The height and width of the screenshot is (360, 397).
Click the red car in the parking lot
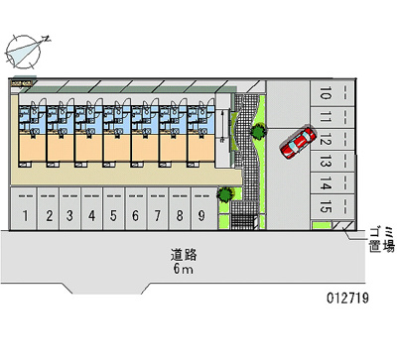point(298,142)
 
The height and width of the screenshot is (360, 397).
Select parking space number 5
point(113,208)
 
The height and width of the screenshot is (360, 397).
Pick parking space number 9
point(201,208)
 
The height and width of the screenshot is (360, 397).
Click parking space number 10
point(331,93)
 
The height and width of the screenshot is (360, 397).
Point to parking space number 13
point(331,162)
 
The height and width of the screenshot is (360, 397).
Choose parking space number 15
point(331,206)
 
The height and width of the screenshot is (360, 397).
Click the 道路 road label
point(184,255)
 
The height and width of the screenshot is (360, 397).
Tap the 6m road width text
point(183,269)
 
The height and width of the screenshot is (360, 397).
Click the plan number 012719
point(347,298)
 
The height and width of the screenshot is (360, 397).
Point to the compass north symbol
point(24,52)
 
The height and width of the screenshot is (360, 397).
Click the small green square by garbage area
point(322,226)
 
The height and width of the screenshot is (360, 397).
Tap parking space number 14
point(331,183)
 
